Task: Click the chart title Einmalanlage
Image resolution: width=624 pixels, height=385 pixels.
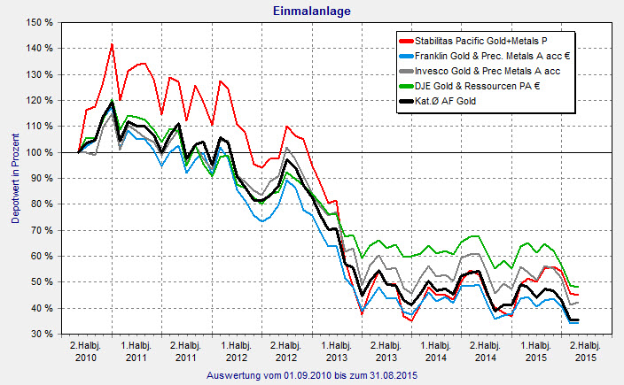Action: pos(311,10)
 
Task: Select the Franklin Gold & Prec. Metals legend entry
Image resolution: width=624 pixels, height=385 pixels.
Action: pos(493,56)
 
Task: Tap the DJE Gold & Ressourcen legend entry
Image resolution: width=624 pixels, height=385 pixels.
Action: pos(483,88)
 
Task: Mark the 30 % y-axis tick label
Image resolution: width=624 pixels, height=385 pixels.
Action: pos(42,335)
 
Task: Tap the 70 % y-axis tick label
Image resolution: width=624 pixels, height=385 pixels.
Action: pos(42,230)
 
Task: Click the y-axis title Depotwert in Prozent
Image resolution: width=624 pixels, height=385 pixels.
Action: pos(15,177)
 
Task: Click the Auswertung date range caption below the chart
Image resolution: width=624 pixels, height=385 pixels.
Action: pos(311,375)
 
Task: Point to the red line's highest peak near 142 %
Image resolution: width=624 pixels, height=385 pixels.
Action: pos(112,43)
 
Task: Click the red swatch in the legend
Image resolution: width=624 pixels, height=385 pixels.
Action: pos(409,40)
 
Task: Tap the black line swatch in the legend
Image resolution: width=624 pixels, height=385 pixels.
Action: pos(409,104)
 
